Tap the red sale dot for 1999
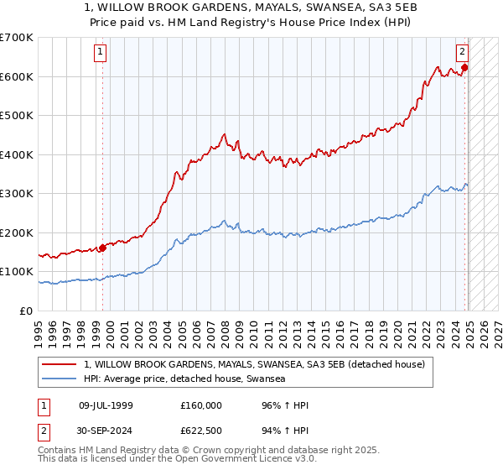(x=102, y=248)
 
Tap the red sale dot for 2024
(x=464, y=68)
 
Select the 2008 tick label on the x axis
(x=226, y=327)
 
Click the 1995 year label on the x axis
(x=39, y=327)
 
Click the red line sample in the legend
(x=60, y=365)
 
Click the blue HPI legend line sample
(x=60, y=379)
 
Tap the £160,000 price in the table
(x=201, y=406)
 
